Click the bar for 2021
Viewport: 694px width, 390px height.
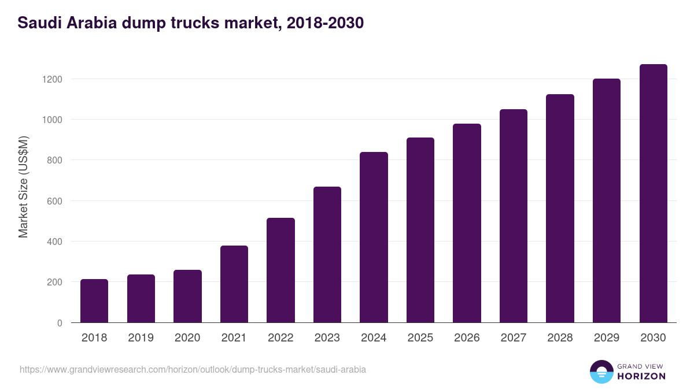pos(234,284)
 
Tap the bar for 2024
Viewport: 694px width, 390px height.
pos(374,237)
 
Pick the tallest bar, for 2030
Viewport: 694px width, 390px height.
pos(653,193)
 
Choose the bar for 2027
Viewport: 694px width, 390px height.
pos(514,216)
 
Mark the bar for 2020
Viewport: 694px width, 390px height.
pos(187,296)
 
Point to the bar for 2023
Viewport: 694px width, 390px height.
pos(327,254)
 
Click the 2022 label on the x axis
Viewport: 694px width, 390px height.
pos(280,338)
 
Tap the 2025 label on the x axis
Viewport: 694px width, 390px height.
pos(420,338)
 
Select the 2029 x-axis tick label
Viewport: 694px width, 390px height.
pos(607,338)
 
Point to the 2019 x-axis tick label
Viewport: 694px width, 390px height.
pos(141,338)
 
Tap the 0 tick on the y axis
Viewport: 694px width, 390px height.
pos(60,323)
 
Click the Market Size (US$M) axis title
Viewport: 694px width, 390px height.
pos(23,187)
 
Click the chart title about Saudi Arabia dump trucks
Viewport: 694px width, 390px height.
pos(190,23)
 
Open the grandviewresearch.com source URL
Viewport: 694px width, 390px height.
pos(193,369)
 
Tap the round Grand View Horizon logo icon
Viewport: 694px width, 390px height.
pos(601,372)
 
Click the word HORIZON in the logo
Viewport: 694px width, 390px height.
pos(641,376)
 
